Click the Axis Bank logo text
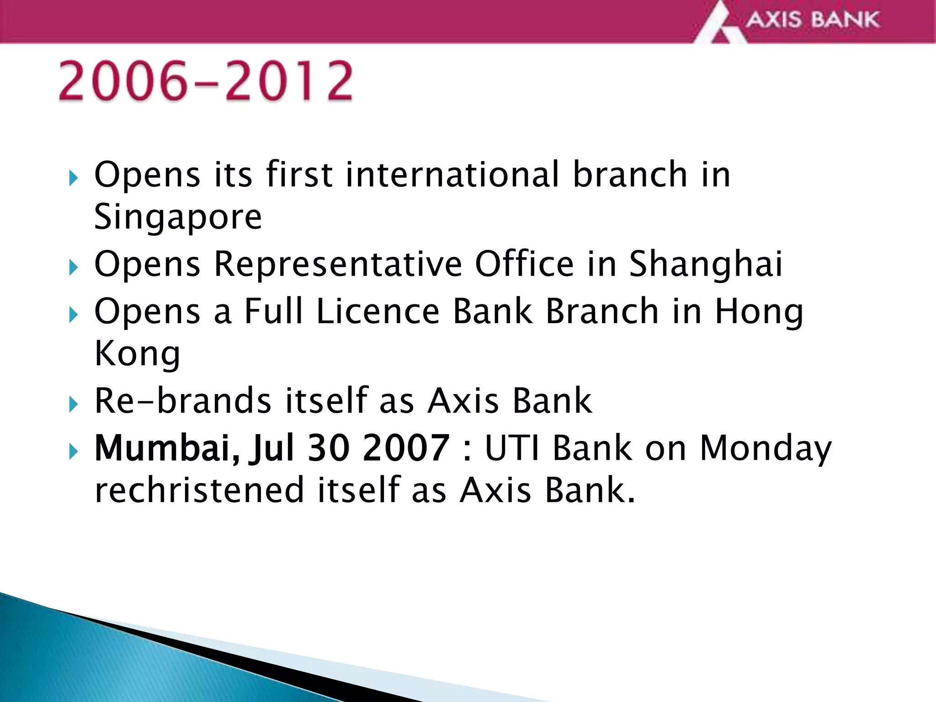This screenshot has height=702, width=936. pos(813,20)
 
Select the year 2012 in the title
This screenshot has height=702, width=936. pos(289,81)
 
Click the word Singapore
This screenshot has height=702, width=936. pos(178,217)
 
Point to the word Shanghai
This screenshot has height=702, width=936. pos(706,264)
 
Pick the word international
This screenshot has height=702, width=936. pos(452,174)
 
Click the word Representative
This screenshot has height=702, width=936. pos(338,264)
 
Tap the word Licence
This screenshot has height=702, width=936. pos(378,311)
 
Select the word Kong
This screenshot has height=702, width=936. pos(137,354)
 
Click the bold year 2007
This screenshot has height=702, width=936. pos(405,448)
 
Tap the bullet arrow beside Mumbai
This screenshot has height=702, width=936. pos(74,452)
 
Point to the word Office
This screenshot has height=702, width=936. pos(524,264)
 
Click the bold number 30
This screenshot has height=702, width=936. pos(327,448)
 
